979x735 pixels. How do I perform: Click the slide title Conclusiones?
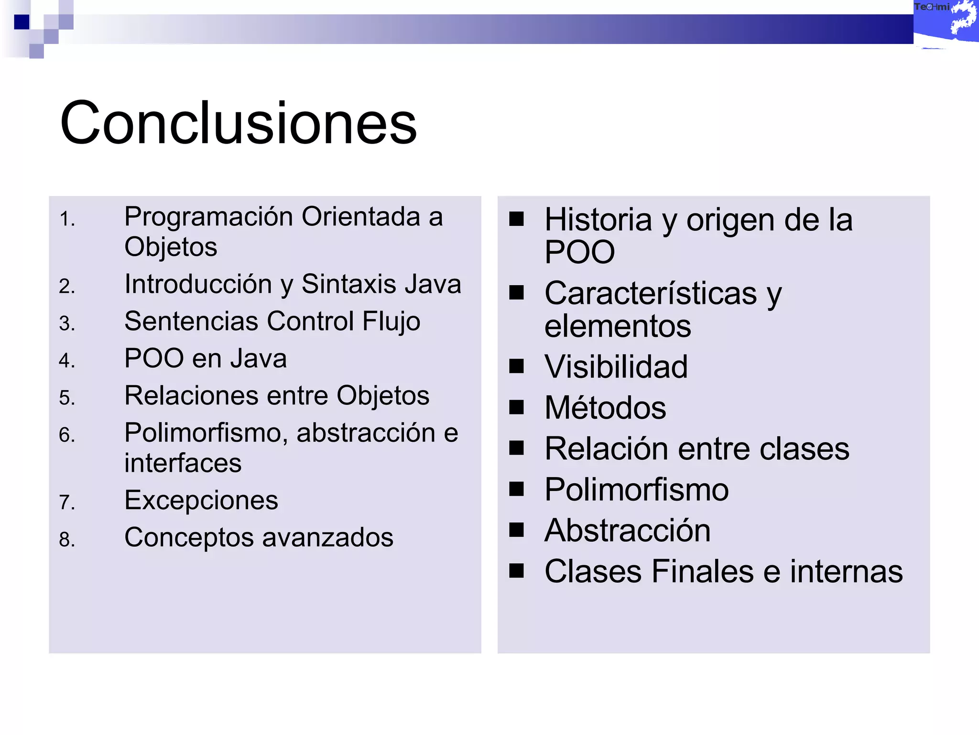tap(238, 123)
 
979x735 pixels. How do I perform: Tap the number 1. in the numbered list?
tap(67, 220)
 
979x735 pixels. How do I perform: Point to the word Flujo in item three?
tap(391, 322)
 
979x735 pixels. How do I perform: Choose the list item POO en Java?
tap(206, 358)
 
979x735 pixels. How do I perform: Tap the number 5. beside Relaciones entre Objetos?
tap(67, 398)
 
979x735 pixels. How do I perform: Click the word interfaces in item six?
tap(183, 463)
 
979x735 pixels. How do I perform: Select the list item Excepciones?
tap(201, 501)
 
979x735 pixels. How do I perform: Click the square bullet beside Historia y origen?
tap(516, 219)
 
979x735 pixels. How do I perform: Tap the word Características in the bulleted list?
tap(651, 293)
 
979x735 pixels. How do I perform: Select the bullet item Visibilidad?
tap(616, 367)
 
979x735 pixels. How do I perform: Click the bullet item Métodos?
tap(605, 408)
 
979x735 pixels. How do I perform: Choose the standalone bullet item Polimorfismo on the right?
tap(636, 490)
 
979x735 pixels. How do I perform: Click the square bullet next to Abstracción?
tap(516, 530)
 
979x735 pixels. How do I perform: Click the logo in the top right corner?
tap(946, 23)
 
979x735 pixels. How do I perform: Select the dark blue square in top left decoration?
tap(22, 22)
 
